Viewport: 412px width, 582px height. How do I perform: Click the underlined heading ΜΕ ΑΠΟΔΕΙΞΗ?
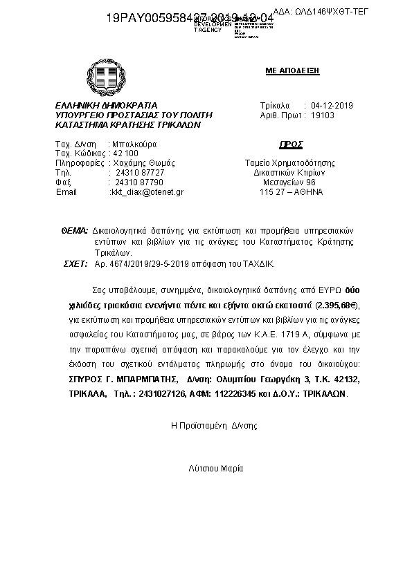(x=292, y=71)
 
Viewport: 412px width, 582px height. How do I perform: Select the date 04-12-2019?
(x=332, y=106)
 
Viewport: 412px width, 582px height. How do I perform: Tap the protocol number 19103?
(x=323, y=115)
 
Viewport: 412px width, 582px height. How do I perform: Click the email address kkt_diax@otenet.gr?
(x=147, y=191)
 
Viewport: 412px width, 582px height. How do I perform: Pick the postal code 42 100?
(x=125, y=153)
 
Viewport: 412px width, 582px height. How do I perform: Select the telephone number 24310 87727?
(x=140, y=172)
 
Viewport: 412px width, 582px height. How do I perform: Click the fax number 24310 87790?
(x=140, y=182)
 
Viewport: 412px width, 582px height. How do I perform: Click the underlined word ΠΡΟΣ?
(x=292, y=144)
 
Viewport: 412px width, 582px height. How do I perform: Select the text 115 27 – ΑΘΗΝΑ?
(x=291, y=191)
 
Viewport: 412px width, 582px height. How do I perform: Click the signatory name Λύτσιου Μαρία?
(x=216, y=468)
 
